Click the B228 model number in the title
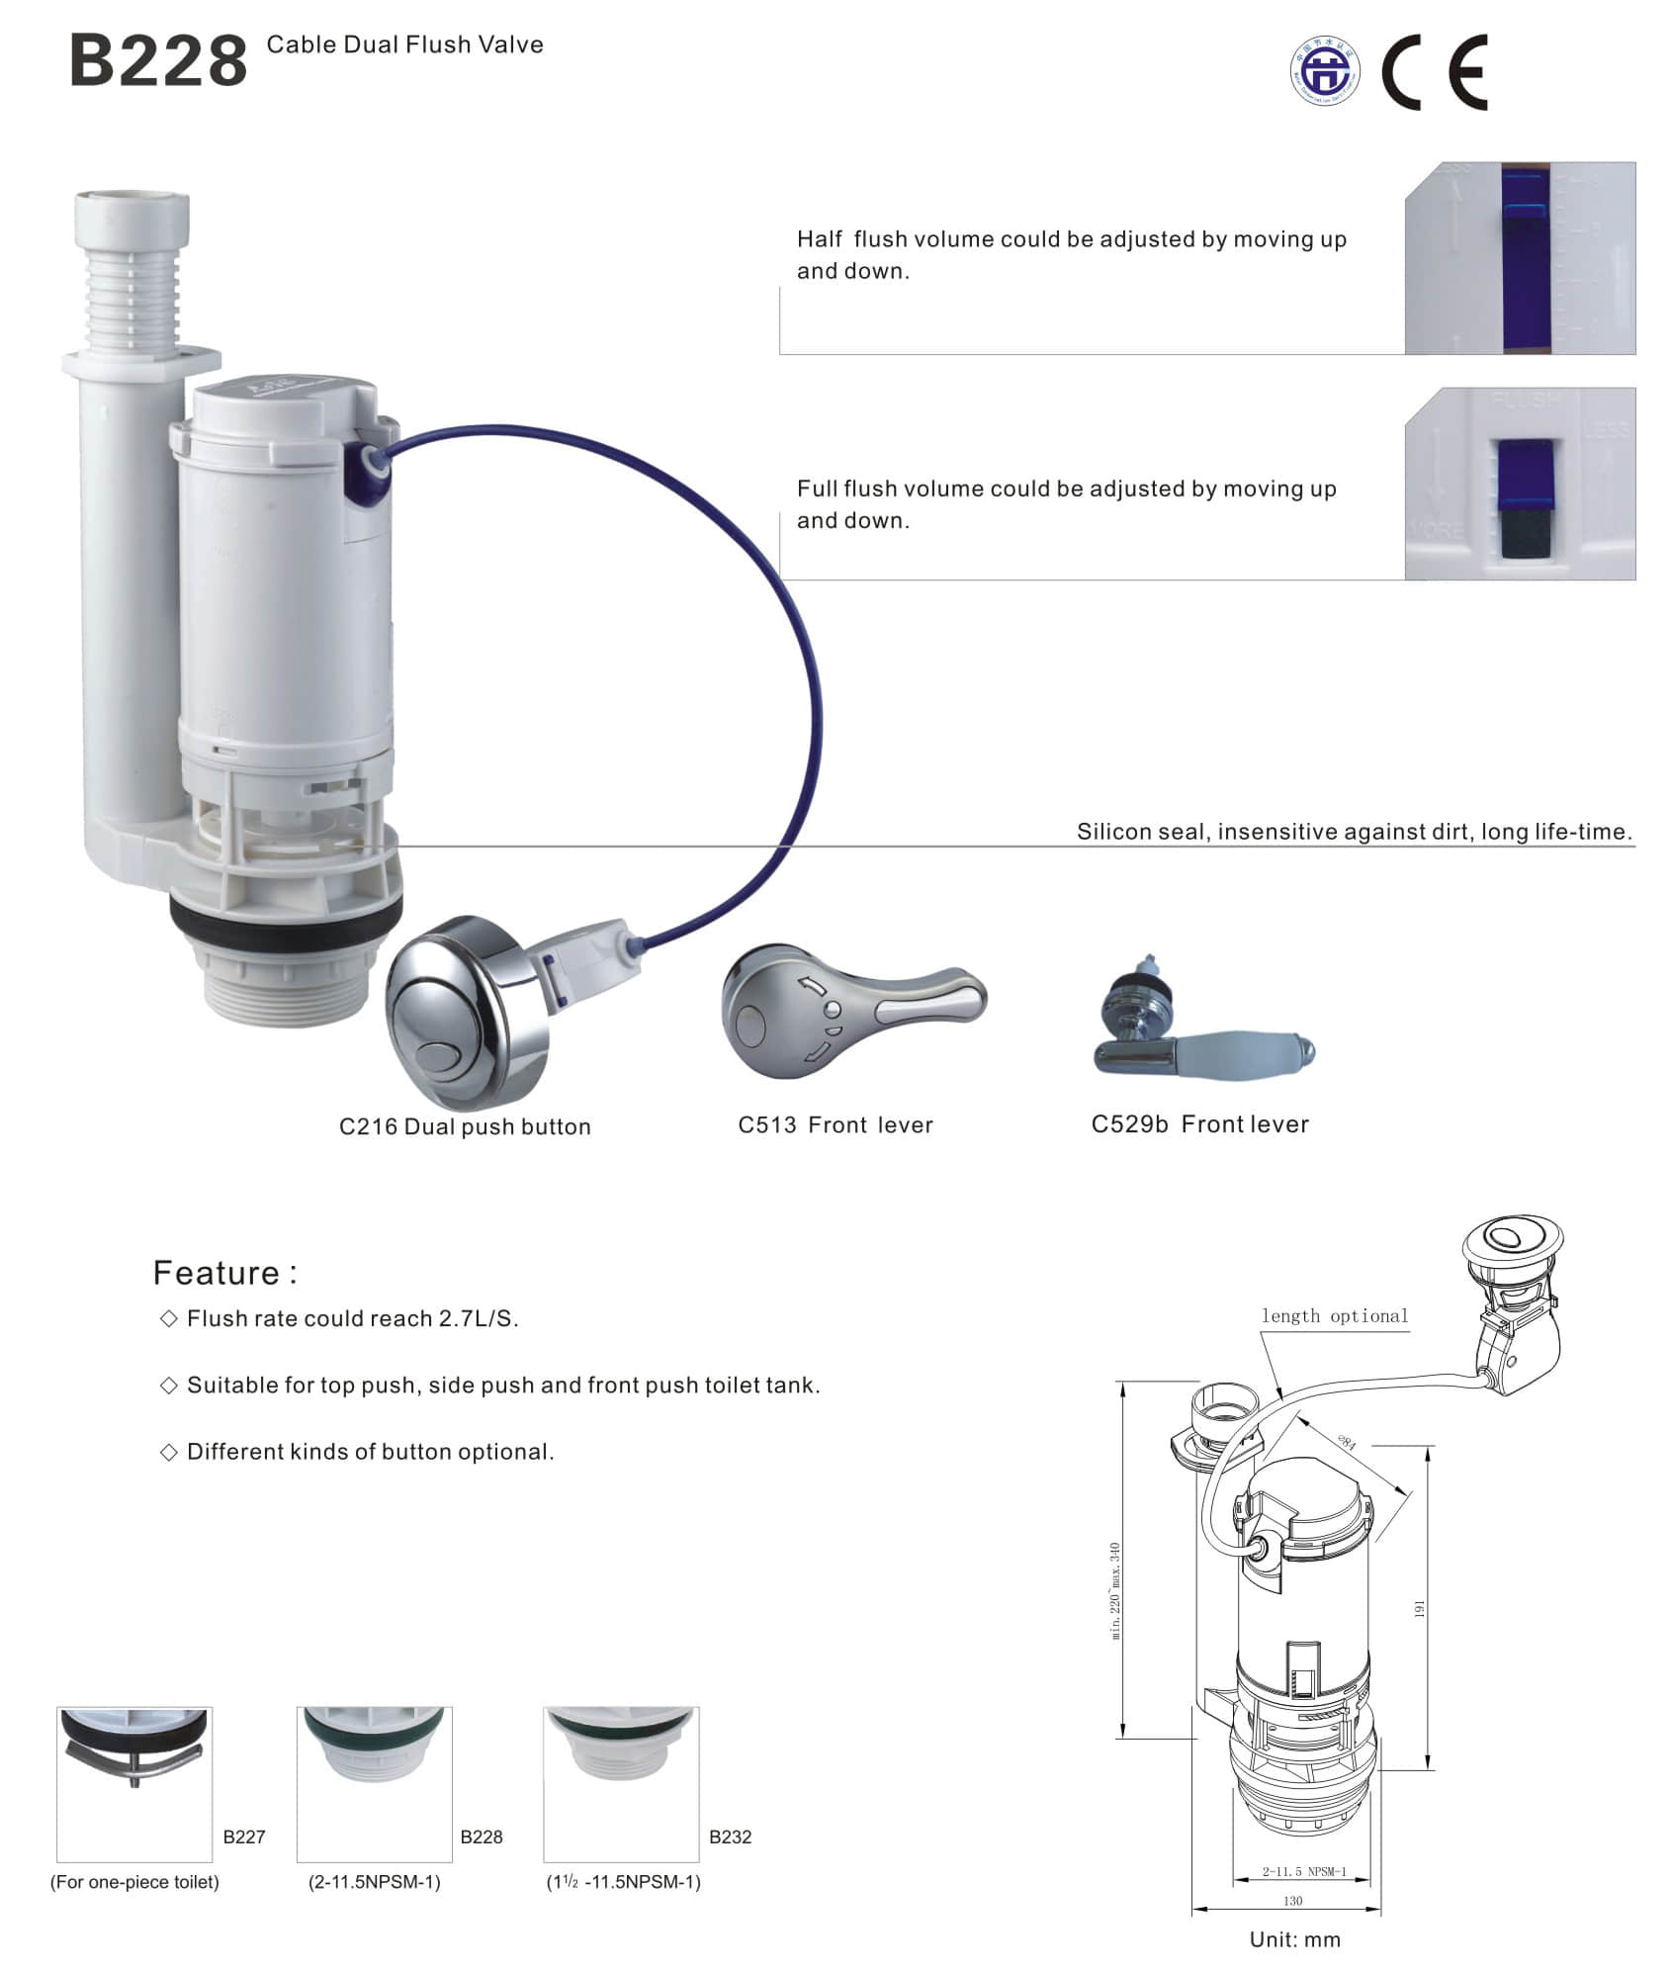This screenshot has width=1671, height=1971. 158,61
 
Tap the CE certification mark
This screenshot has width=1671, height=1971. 1434,71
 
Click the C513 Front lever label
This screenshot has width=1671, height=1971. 835,1124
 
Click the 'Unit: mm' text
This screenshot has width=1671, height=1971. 1294,1939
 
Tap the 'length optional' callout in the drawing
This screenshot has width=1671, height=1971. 1334,1316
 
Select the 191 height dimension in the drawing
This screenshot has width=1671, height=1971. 1419,1609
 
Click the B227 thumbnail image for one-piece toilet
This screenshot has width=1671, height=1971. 134,1783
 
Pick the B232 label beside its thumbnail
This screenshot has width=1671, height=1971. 730,1837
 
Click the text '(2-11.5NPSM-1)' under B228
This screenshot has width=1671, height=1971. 374,1882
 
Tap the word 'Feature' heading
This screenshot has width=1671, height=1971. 217,1273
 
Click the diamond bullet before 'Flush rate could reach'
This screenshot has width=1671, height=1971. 168,1318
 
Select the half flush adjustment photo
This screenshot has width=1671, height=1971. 1520,258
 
